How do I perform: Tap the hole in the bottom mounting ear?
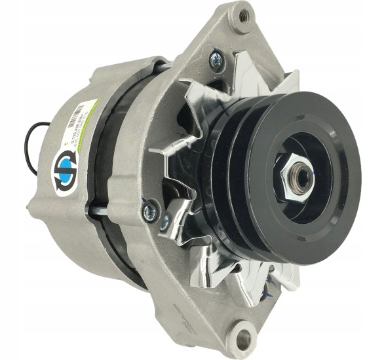(244, 338)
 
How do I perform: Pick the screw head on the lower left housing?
(150, 209)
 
